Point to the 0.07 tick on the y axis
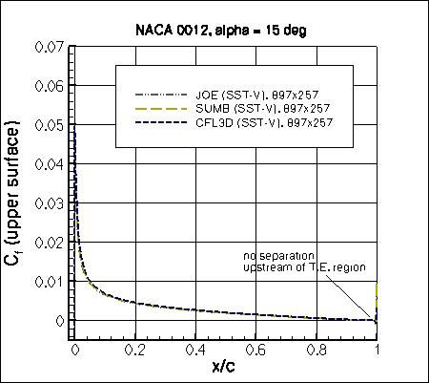pos(51,47)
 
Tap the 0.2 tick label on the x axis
pos(134,350)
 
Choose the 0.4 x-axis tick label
pos(195,350)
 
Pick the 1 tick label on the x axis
pos(378,350)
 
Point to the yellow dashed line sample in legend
pos(162,109)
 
